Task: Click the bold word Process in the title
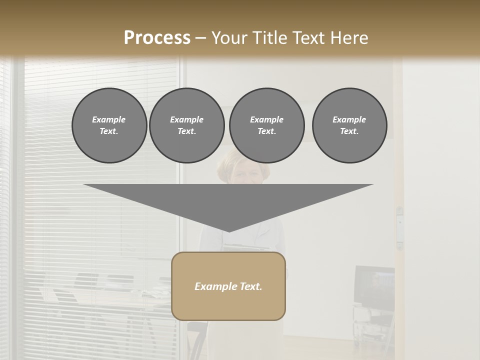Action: pos(157,38)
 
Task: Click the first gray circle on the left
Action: pos(109,125)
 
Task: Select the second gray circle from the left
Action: pos(187,125)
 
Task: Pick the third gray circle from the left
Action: pos(267,125)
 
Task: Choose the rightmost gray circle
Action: pos(349,125)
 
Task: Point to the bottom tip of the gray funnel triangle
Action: pos(228,231)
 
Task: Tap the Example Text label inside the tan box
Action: pos(228,286)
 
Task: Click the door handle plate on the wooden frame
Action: pos(399,227)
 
